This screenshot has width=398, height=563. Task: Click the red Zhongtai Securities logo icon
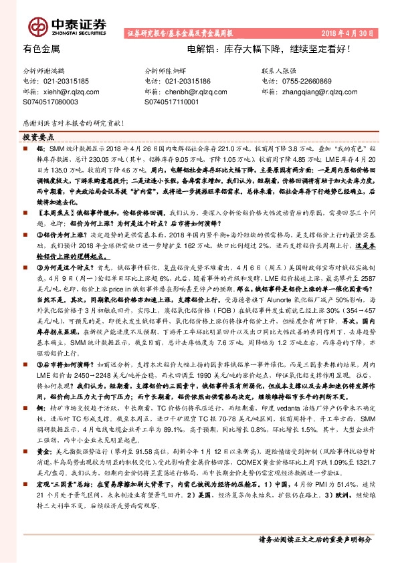point(37,25)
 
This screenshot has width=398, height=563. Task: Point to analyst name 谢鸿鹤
point(64,70)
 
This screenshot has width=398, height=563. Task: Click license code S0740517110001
point(172,102)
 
